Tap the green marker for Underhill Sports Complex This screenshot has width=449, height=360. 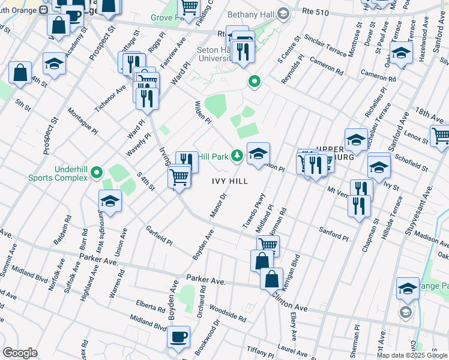[98, 174]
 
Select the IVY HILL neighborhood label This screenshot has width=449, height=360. [229, 181]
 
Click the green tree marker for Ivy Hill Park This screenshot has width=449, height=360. [238, 157]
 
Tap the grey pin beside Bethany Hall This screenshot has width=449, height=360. [283, 13]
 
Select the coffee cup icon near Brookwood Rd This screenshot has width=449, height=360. [178, 337]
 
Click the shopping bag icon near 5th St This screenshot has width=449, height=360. [20, 73]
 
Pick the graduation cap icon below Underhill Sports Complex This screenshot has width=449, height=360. [110, 201]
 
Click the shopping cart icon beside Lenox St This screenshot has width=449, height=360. [441, 136]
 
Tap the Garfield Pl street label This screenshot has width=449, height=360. [159, 236]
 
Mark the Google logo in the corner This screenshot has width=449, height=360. [20, 353]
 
